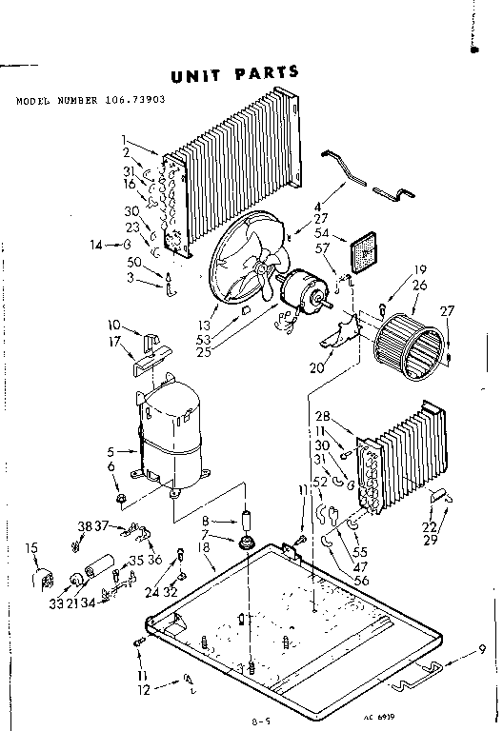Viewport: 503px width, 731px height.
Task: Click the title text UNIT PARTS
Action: pyautogui.click(x=234, y=73)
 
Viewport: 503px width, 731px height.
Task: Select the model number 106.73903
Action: pyautogui.click(x=138, y=100)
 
